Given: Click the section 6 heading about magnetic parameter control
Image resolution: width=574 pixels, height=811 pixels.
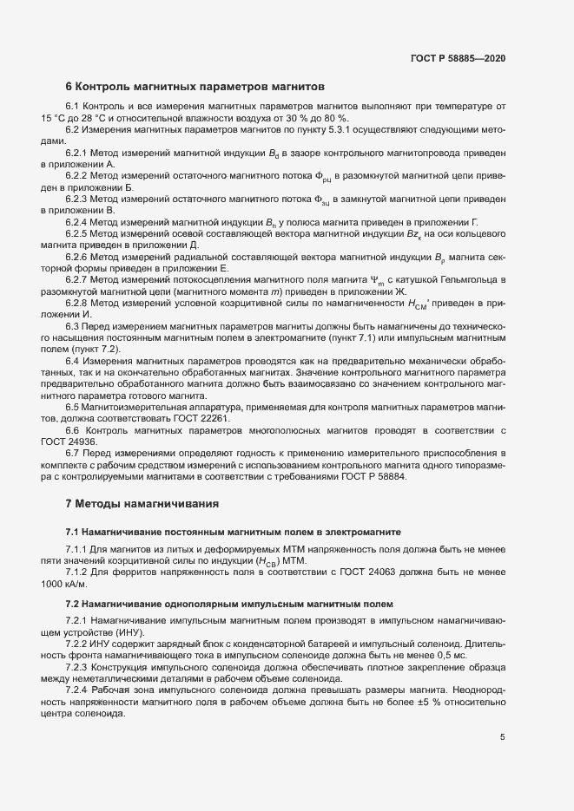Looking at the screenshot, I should point(195,87).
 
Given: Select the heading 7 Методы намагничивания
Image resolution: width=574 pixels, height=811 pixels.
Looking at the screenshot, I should point(143,503).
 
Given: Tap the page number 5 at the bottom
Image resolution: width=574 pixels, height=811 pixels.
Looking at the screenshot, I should point(502,737).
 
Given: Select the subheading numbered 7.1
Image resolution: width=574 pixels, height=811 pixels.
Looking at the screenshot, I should point(73,531).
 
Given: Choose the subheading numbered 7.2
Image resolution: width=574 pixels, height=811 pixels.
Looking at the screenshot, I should point(73,603).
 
